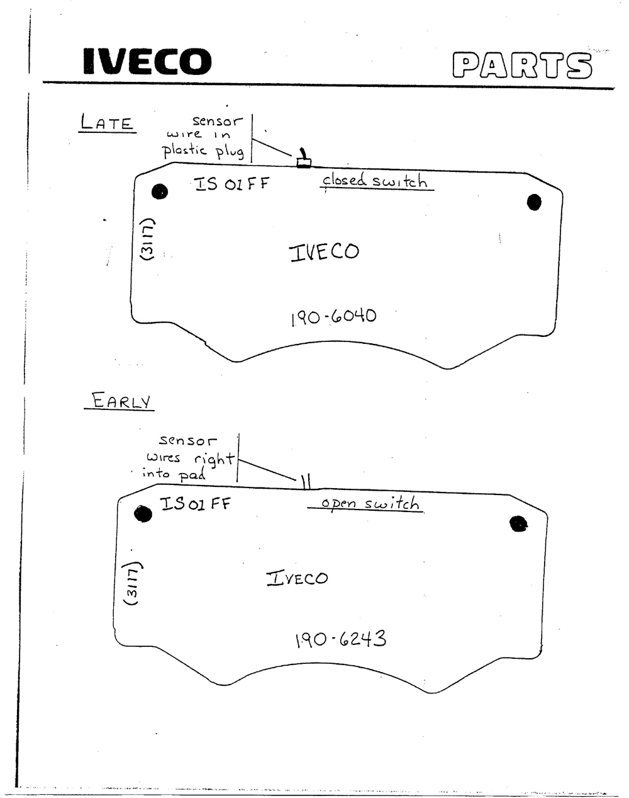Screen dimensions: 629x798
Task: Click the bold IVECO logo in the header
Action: pyautogui.click(x=147, y=61)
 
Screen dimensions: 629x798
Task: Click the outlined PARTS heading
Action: pyautogui.click(x=522, y=66)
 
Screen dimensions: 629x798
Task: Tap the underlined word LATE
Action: pyautogui.click(x=107, y=122)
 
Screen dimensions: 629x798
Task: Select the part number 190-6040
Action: pyautogui.click(x=334, y=317)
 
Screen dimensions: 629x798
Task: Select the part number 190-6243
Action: pyautogui.click(x=341, y=639)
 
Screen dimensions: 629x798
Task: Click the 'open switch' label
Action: pyautogui.click(x=366, y=504)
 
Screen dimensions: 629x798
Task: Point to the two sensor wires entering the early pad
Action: pyautogui.click(x=306, y=481)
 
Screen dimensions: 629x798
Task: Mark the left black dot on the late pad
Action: pyautogui.click(x=160, y=191)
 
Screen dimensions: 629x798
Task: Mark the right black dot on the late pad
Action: pyautogui.click(x=534, y=202)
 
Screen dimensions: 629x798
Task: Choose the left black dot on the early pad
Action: pyautogui.click(x=143, y=514)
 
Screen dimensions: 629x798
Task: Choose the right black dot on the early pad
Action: pyautogui.click(x=518, y=523)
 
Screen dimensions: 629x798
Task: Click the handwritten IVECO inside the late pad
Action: pyautogui.click(x=324, y=252)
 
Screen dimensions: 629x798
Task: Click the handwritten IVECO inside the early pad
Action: pyautogui.click(x=297, y=578)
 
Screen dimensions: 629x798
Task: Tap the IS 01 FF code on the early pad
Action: pyautogui.click(x=195, y=504)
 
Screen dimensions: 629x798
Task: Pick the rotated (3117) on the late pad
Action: pyautogui.click(x=147, y=239)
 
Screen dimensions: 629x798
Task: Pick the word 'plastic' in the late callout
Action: pyautogui.click(x=184, y=150)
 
